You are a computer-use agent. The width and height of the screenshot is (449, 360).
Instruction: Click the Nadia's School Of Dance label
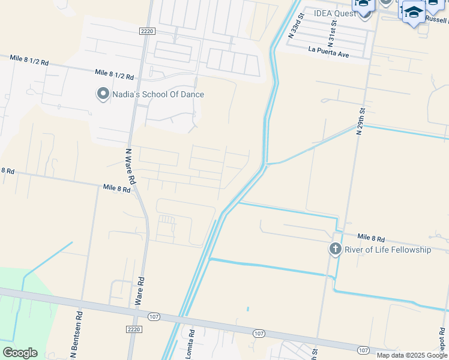(158, 94)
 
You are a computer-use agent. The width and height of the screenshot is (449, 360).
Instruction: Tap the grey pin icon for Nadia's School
(103, 94)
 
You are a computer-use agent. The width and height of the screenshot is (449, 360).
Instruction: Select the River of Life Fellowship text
(388, 250)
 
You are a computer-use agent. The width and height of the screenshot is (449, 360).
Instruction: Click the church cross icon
(335, 249)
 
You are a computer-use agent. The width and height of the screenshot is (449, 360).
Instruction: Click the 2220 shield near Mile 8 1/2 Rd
(146, 31)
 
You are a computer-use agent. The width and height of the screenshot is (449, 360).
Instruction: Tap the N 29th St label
(360, 121)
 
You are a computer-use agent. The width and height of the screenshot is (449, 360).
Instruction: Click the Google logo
(20, 353)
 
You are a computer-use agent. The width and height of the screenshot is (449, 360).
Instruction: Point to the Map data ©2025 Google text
(412, 355)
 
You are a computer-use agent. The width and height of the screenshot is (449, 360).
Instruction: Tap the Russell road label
(437, 19)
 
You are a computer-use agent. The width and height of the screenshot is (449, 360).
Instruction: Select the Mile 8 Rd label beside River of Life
(371, 238)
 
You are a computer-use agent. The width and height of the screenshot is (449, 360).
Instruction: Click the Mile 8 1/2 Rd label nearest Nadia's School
(114, 75)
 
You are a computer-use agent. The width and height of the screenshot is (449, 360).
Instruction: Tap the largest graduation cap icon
(414, 12)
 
